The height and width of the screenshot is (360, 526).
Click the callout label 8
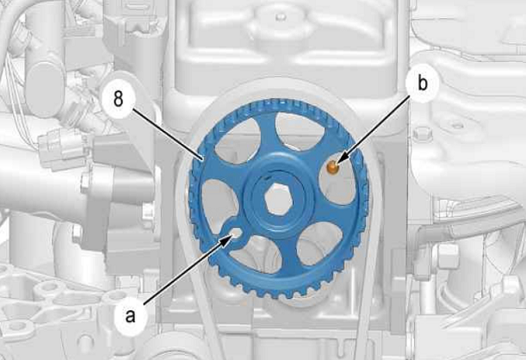[x=119, y=100]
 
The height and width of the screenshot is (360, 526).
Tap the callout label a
[x=130, y=316]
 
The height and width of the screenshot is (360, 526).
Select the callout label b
[x=423, y=84]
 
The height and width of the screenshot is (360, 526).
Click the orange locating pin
[x=332, y=167]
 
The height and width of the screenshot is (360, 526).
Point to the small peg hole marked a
[x=236, y=233]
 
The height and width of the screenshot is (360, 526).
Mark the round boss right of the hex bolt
[x=457, y=126]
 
